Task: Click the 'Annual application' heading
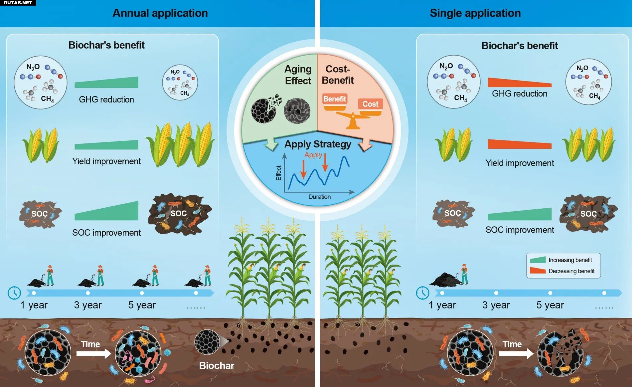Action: click(160, 13)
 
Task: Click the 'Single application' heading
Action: click(475, 13)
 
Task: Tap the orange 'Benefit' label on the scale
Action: click(335, 99)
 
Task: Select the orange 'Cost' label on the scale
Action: click(370, 104)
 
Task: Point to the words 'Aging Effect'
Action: click(298, 75)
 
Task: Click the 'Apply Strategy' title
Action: click(318, 144)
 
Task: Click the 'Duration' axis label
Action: click(319, 197)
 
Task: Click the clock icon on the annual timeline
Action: click(14, 293)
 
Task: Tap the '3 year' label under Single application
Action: click(496, 305)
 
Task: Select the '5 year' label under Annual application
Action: click(142, 305)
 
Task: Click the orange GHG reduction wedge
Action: click(520, 82)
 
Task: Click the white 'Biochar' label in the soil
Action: click(217, 366)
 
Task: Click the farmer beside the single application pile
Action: click(464, 274)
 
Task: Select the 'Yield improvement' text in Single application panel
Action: click(520, 163)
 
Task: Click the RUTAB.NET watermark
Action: click(18, 3)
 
